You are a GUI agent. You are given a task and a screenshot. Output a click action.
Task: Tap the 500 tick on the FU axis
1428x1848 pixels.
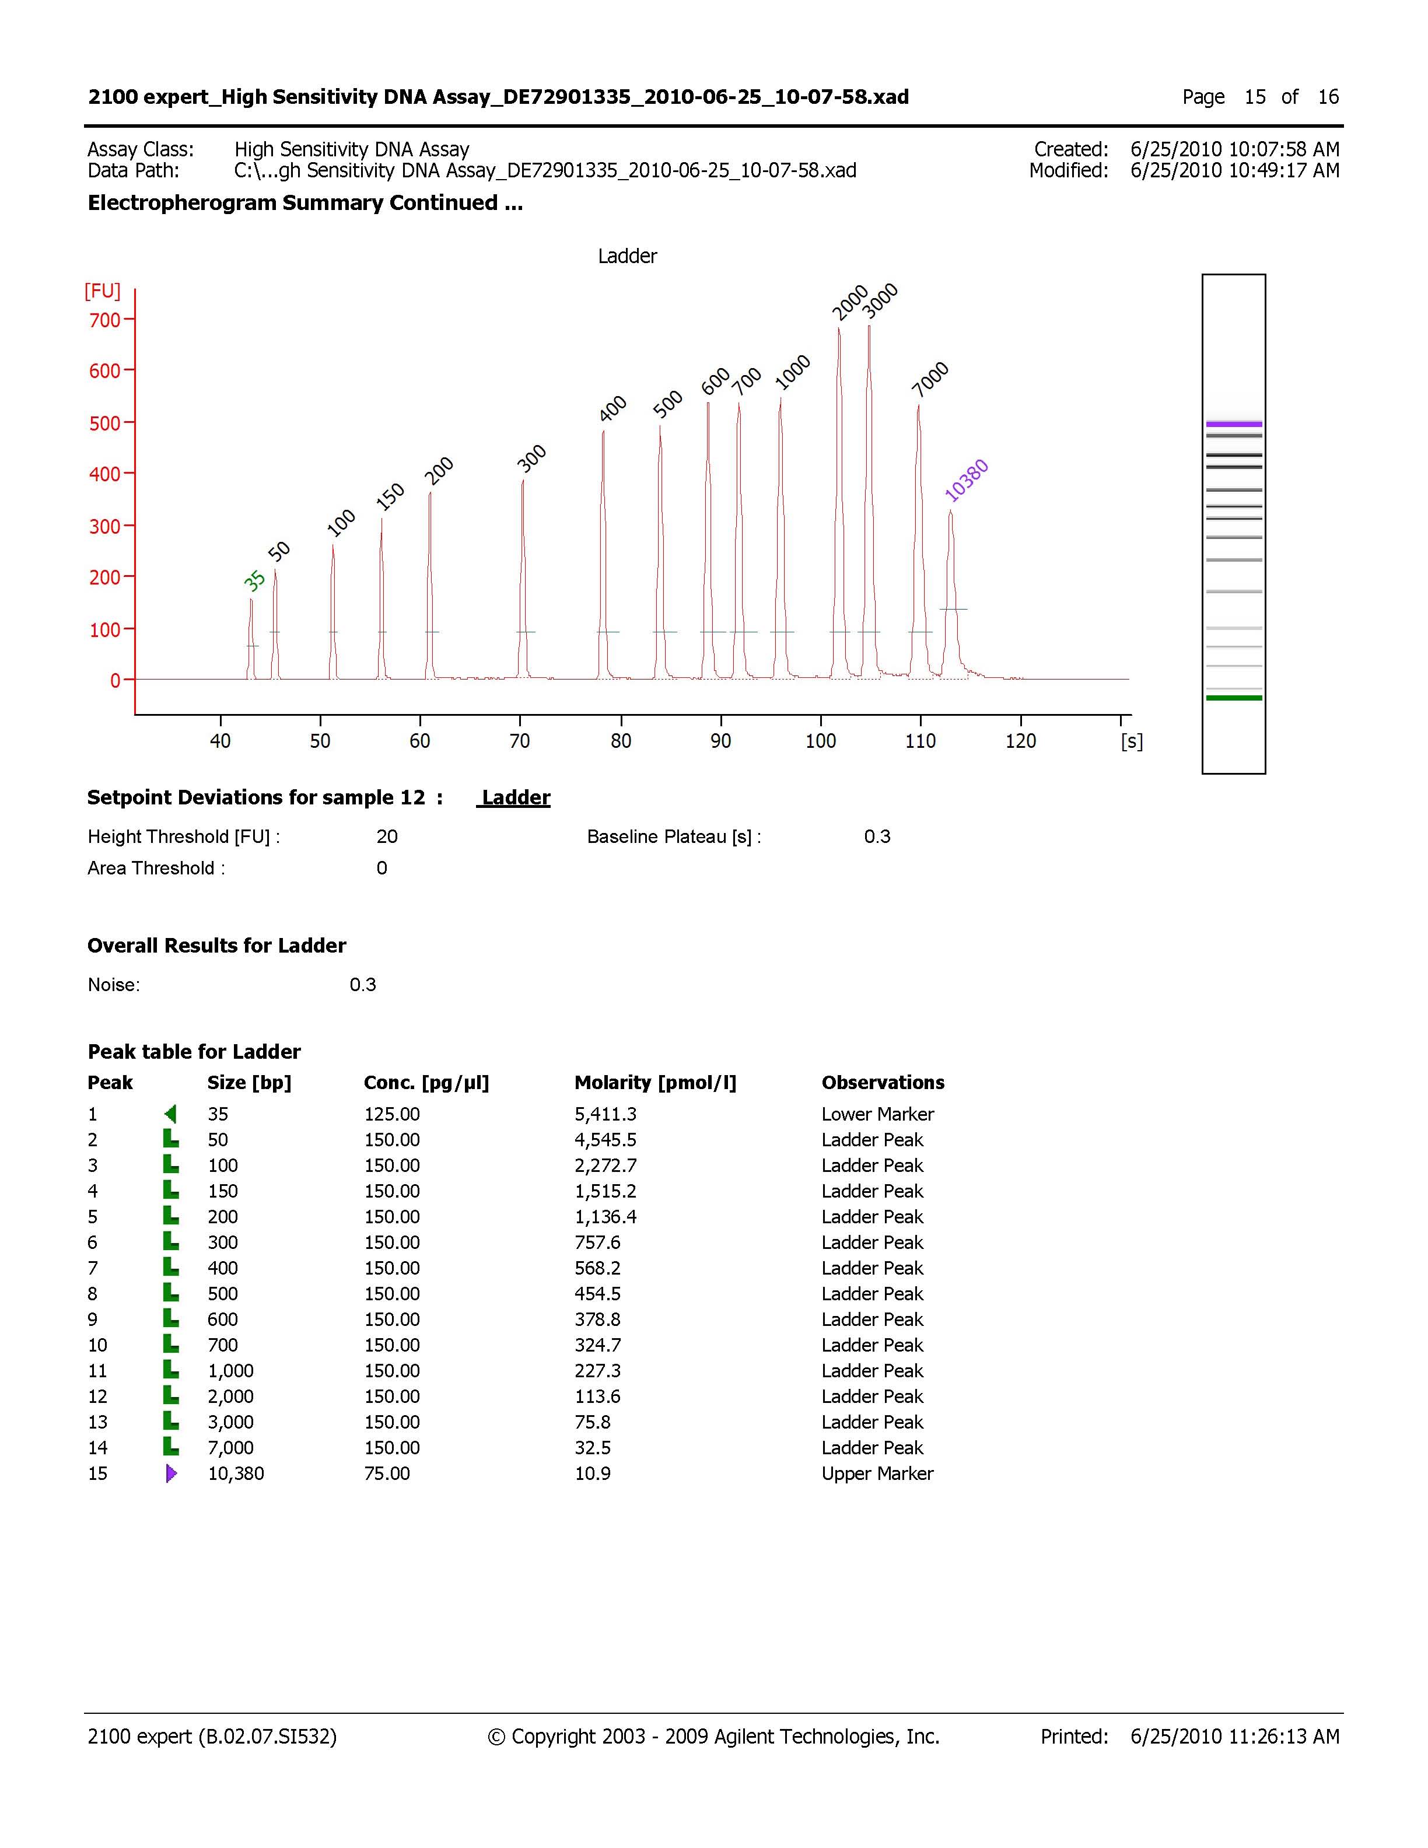(105, 423)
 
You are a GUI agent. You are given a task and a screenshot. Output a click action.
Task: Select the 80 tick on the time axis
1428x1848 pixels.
(620, 741)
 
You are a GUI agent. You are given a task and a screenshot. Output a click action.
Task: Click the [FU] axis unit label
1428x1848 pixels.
(102, 291)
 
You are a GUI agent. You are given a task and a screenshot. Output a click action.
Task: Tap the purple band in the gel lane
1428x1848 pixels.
(1233, 424)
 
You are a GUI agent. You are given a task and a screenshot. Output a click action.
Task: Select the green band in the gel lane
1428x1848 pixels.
(1233, 698)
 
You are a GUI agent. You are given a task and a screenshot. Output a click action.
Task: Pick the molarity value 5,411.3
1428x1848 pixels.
(605, 1114)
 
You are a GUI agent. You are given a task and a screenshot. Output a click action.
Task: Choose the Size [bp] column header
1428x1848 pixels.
(249, 1083)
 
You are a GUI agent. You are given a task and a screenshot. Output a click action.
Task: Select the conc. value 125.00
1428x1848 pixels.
(391, 1114)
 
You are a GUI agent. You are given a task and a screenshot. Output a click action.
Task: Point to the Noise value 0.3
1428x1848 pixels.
(362, 985)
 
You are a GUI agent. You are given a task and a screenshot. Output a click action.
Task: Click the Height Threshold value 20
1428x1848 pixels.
(387, 837)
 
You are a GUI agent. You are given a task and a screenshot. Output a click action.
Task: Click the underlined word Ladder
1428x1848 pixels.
(515, 798)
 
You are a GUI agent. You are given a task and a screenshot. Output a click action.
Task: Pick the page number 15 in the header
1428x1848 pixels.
(1255, 97)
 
